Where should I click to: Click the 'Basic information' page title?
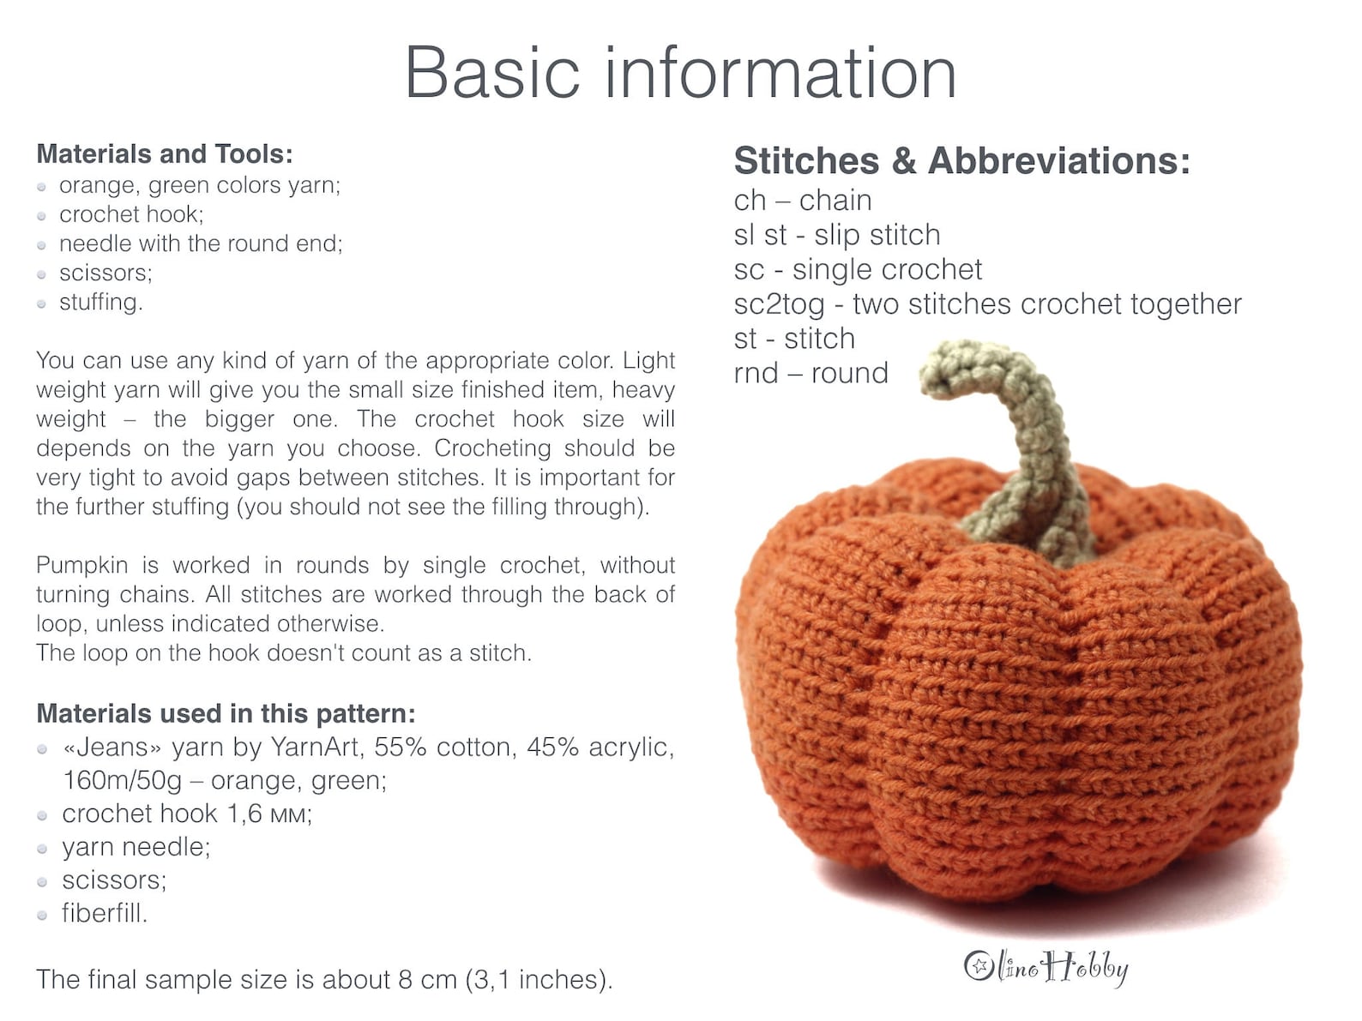[680, 74]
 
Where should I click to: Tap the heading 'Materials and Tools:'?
[165, 154]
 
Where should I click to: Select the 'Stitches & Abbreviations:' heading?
[961, 161]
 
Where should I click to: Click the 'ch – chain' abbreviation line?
[802, 201]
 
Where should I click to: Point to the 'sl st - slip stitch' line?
[836, 235]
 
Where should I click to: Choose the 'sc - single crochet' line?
[857, 269]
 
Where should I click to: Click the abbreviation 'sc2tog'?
[779, 304]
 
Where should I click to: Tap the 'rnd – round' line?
[811, 373]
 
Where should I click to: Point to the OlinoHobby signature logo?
[1046, 967]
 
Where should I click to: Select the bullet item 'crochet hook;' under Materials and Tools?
[130, 214]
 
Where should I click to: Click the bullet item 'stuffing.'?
[100, 303]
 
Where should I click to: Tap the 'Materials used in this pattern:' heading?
[226, 714]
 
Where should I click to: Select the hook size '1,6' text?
[244, 814]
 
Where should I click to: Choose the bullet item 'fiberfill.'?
[104, 914]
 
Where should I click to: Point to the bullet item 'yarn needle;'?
[136, 847]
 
